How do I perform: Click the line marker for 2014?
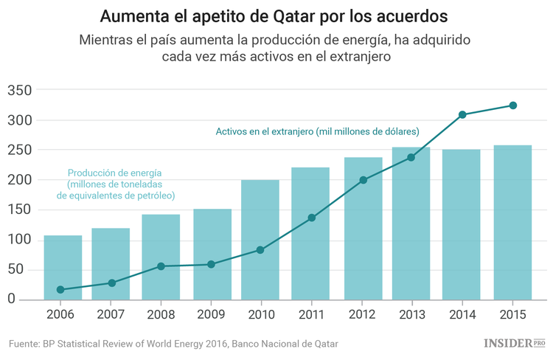pos(462,114)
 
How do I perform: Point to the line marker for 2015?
pos(512,105)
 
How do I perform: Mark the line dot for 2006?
pos(60,289)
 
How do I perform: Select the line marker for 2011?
pos(311,218)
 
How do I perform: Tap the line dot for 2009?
pos(211,264)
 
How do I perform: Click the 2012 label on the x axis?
pos(361,314)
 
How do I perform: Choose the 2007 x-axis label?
pos(111,314)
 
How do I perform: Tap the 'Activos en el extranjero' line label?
pos(317,131)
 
